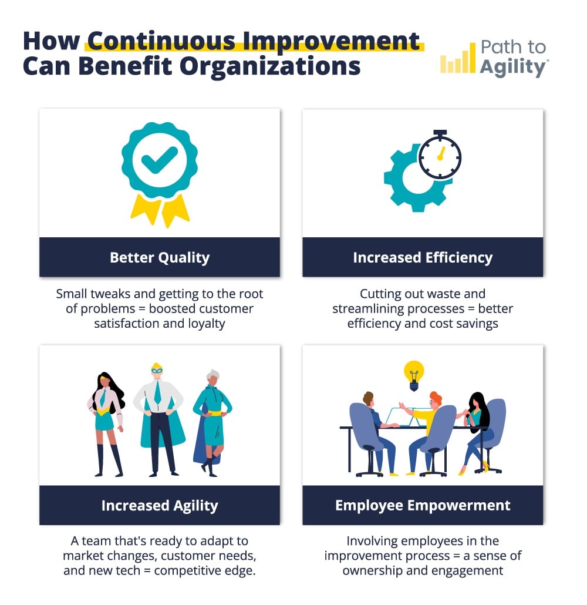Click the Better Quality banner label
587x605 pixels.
coord(160,257)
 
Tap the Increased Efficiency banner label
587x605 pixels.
coord(423,257)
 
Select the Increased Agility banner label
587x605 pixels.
coord(160,506)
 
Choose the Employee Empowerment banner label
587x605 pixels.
coord(423,506)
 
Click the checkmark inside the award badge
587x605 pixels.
coord(160,160)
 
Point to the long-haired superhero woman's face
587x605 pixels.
coord(104,381)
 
